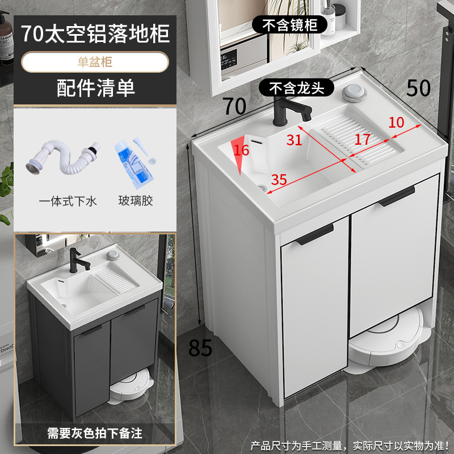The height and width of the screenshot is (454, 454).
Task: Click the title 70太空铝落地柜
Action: (95, 33)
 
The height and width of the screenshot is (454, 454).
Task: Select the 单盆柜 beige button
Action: (95, 62)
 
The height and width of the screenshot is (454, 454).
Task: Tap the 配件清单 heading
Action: (95, 88)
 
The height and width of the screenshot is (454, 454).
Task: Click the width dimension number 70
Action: (234, 106)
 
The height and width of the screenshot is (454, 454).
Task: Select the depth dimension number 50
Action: (418, 87)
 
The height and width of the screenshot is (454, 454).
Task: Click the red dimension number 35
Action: (279, 179)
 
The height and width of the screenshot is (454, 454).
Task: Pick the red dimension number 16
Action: (241, 150)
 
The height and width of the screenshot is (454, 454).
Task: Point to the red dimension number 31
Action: (294, 140)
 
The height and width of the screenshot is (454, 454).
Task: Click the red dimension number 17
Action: (362, 139)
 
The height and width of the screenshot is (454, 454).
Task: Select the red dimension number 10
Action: (396, 121)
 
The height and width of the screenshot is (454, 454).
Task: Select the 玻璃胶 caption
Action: (136, 201)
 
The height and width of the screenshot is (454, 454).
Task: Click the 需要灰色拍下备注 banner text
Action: (95, 434)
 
